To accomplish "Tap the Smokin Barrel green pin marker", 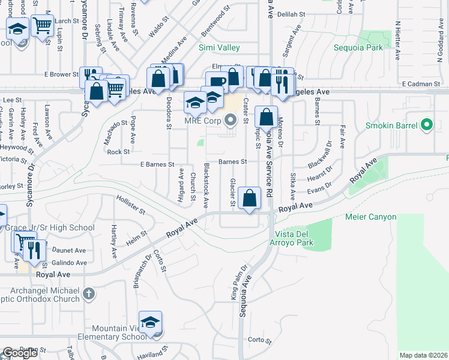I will click(x=427, y=125).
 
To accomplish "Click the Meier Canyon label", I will click(x=371, y=217).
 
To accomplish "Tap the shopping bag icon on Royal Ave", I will click(x=249, y=197).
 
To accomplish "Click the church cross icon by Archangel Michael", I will click(x=89, y=294).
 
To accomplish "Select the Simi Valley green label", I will click(x=219, y=47).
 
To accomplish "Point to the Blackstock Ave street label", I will click(x=206, y=185).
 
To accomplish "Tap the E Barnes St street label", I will click(x=157, y=164).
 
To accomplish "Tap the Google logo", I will click(x=20, y=353).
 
